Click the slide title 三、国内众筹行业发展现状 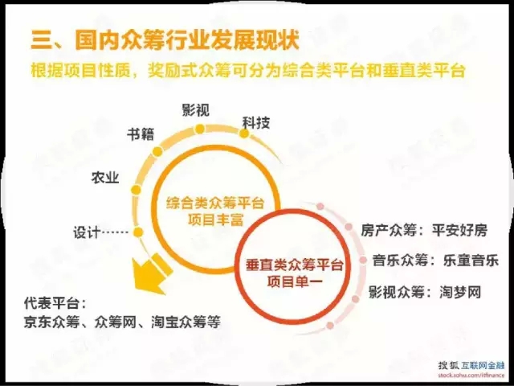pos(165,39)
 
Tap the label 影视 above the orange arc pos(196,110)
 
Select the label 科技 pos(256,123)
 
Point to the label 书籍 pos(141,134)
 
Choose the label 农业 pos(105,178)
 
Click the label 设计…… pos(100,232)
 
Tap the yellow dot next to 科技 pos(244,133)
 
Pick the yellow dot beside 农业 pos(136,190)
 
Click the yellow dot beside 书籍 pos(157,151)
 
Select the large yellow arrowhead pos(149,275)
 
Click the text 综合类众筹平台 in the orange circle pos(215,203)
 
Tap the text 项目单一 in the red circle pos(295,281)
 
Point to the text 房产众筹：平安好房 pos(424,230)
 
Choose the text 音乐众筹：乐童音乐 pos(435,261)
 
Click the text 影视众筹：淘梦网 pos(425,292)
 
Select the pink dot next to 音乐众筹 pos(363,260)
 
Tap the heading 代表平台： pos(55,303)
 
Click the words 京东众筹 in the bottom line pos(51,322)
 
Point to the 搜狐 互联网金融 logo pos(471,365)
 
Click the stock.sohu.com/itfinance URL pos(471,375)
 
